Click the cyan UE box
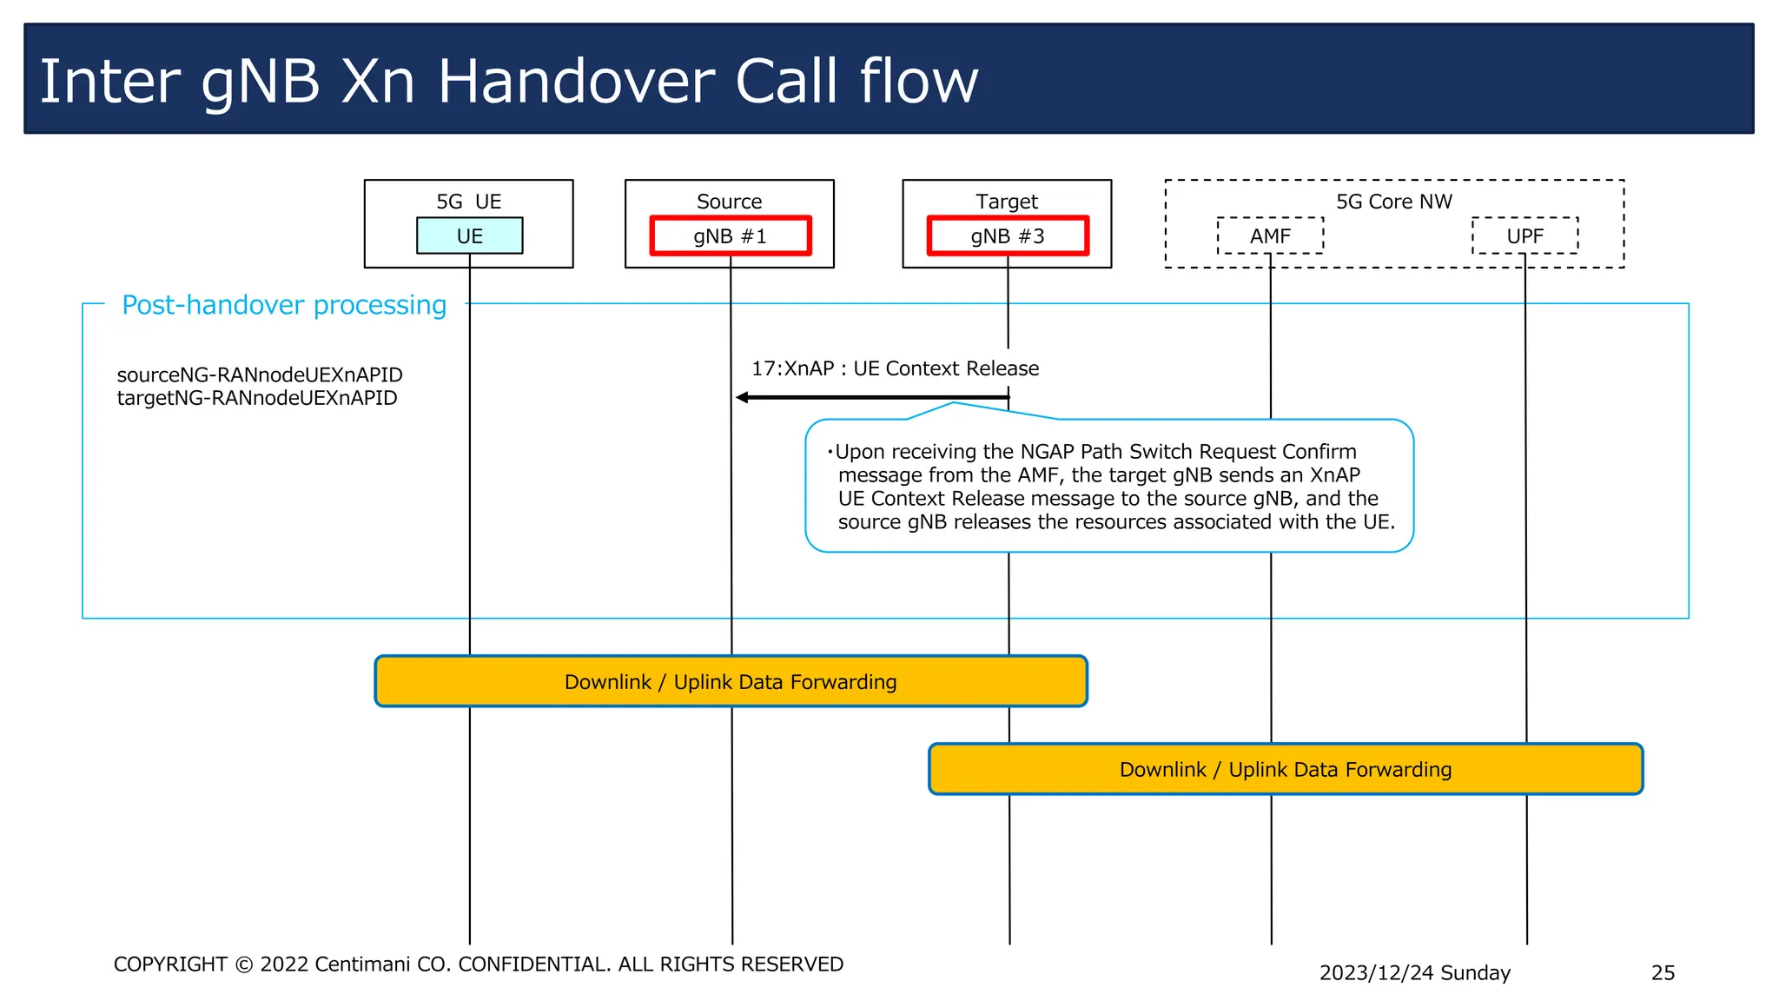click(469, 235)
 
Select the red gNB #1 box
click(730, 235)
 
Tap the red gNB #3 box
click(1008, 235)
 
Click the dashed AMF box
click(1270, 235)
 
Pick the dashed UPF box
click(1524, 235)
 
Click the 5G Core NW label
click(1393, 202)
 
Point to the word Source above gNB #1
click(729, 202)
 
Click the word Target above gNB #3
click(1007, 202)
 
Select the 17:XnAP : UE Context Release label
click(895, 368)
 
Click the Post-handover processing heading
click(284, 305)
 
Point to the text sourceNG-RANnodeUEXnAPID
click(260, 375)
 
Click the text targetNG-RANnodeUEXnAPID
click(257, 398)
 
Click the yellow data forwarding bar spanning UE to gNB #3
click(731, 681)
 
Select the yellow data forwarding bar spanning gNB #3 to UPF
click(1286, 769)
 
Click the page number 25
click(1663, 972)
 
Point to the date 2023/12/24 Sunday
click(1414, 972)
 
